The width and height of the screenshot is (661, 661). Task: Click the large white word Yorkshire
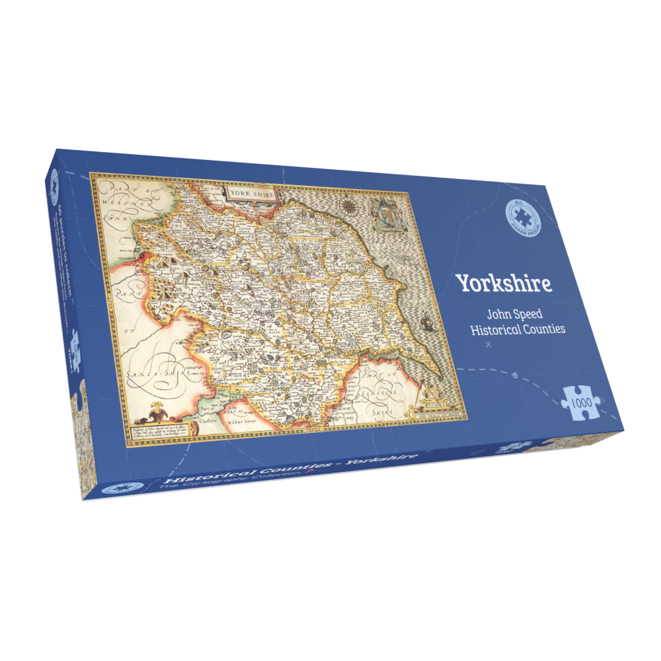pyautogui.click(x=504, y=283)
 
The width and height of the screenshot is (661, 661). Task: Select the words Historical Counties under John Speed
pyautogui.click(x=517, y=329)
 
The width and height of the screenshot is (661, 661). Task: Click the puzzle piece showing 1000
pyautogui.click(x=582, y=399)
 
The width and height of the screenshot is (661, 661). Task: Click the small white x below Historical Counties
pyautogui.click(x=488, y=345)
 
